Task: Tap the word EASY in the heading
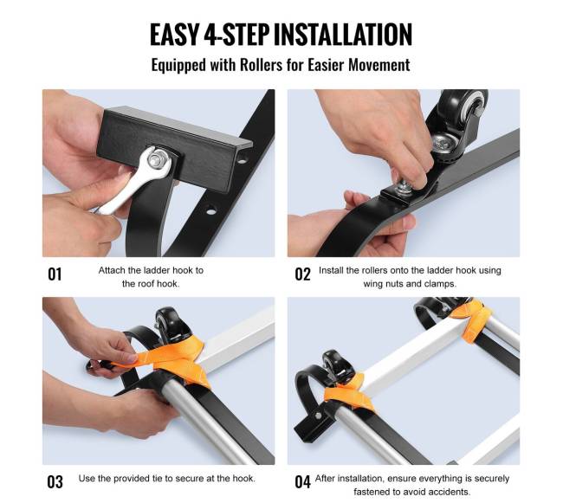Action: [x=174, y=35]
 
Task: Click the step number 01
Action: [x=55, y=274]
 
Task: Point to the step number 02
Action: [x=302, y=274]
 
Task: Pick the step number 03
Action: [x=55, y=482]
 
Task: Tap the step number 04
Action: [x=302, y=482]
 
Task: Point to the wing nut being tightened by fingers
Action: [x=405, y=187]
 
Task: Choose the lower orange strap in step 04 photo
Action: [x=346, y=393]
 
